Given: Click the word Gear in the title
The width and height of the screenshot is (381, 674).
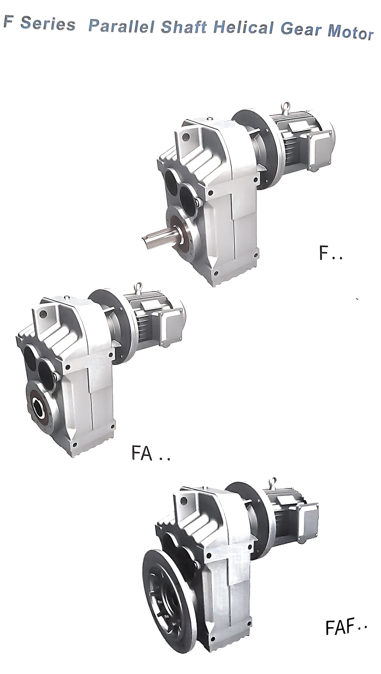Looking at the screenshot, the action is coord(301,30).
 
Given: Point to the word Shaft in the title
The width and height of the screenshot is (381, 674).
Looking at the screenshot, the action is coord(184,27).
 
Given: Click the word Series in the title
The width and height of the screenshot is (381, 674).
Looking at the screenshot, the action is coord(48,24).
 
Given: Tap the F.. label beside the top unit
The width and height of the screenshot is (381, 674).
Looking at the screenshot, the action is coord(330,253).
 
